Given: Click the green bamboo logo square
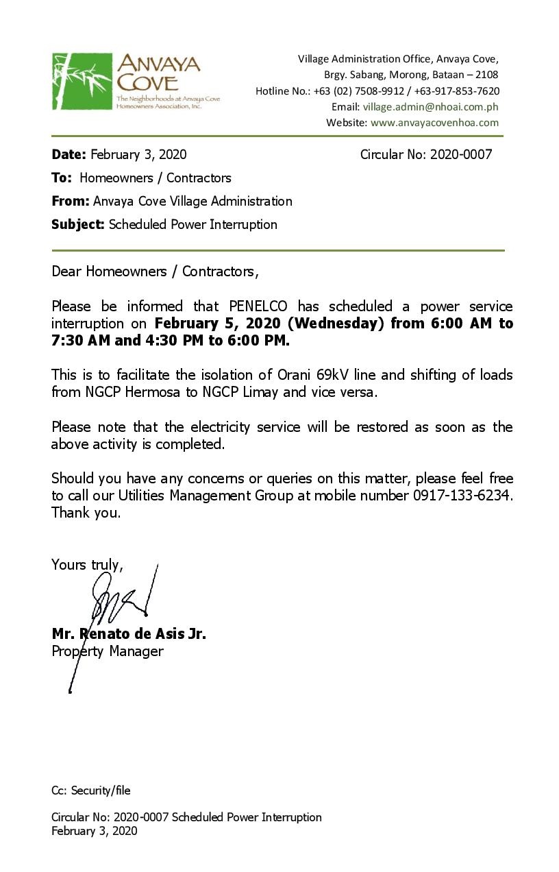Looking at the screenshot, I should click(x=82, y=81).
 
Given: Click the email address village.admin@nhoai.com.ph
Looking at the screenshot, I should click(x=430, y=107).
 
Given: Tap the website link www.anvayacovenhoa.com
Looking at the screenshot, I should click(x=434, y=123).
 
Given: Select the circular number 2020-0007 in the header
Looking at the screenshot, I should click(x=460, y=154).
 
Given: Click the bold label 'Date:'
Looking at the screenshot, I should click(x=69, y=154).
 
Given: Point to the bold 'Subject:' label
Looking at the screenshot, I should click(x=78, y=224).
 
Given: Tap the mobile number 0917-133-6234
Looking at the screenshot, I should click(x=462, y=495).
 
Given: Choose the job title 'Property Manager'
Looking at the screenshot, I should click(x=108, y=651).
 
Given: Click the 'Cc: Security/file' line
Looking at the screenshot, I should click(x=90, y=790).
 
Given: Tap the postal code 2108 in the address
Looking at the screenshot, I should click(x=486, y=75).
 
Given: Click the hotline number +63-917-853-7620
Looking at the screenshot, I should click(x=456, y=91).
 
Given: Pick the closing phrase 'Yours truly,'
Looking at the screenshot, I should click(x=87, y=565).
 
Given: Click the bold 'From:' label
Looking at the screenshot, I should click(x=70, y=201).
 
